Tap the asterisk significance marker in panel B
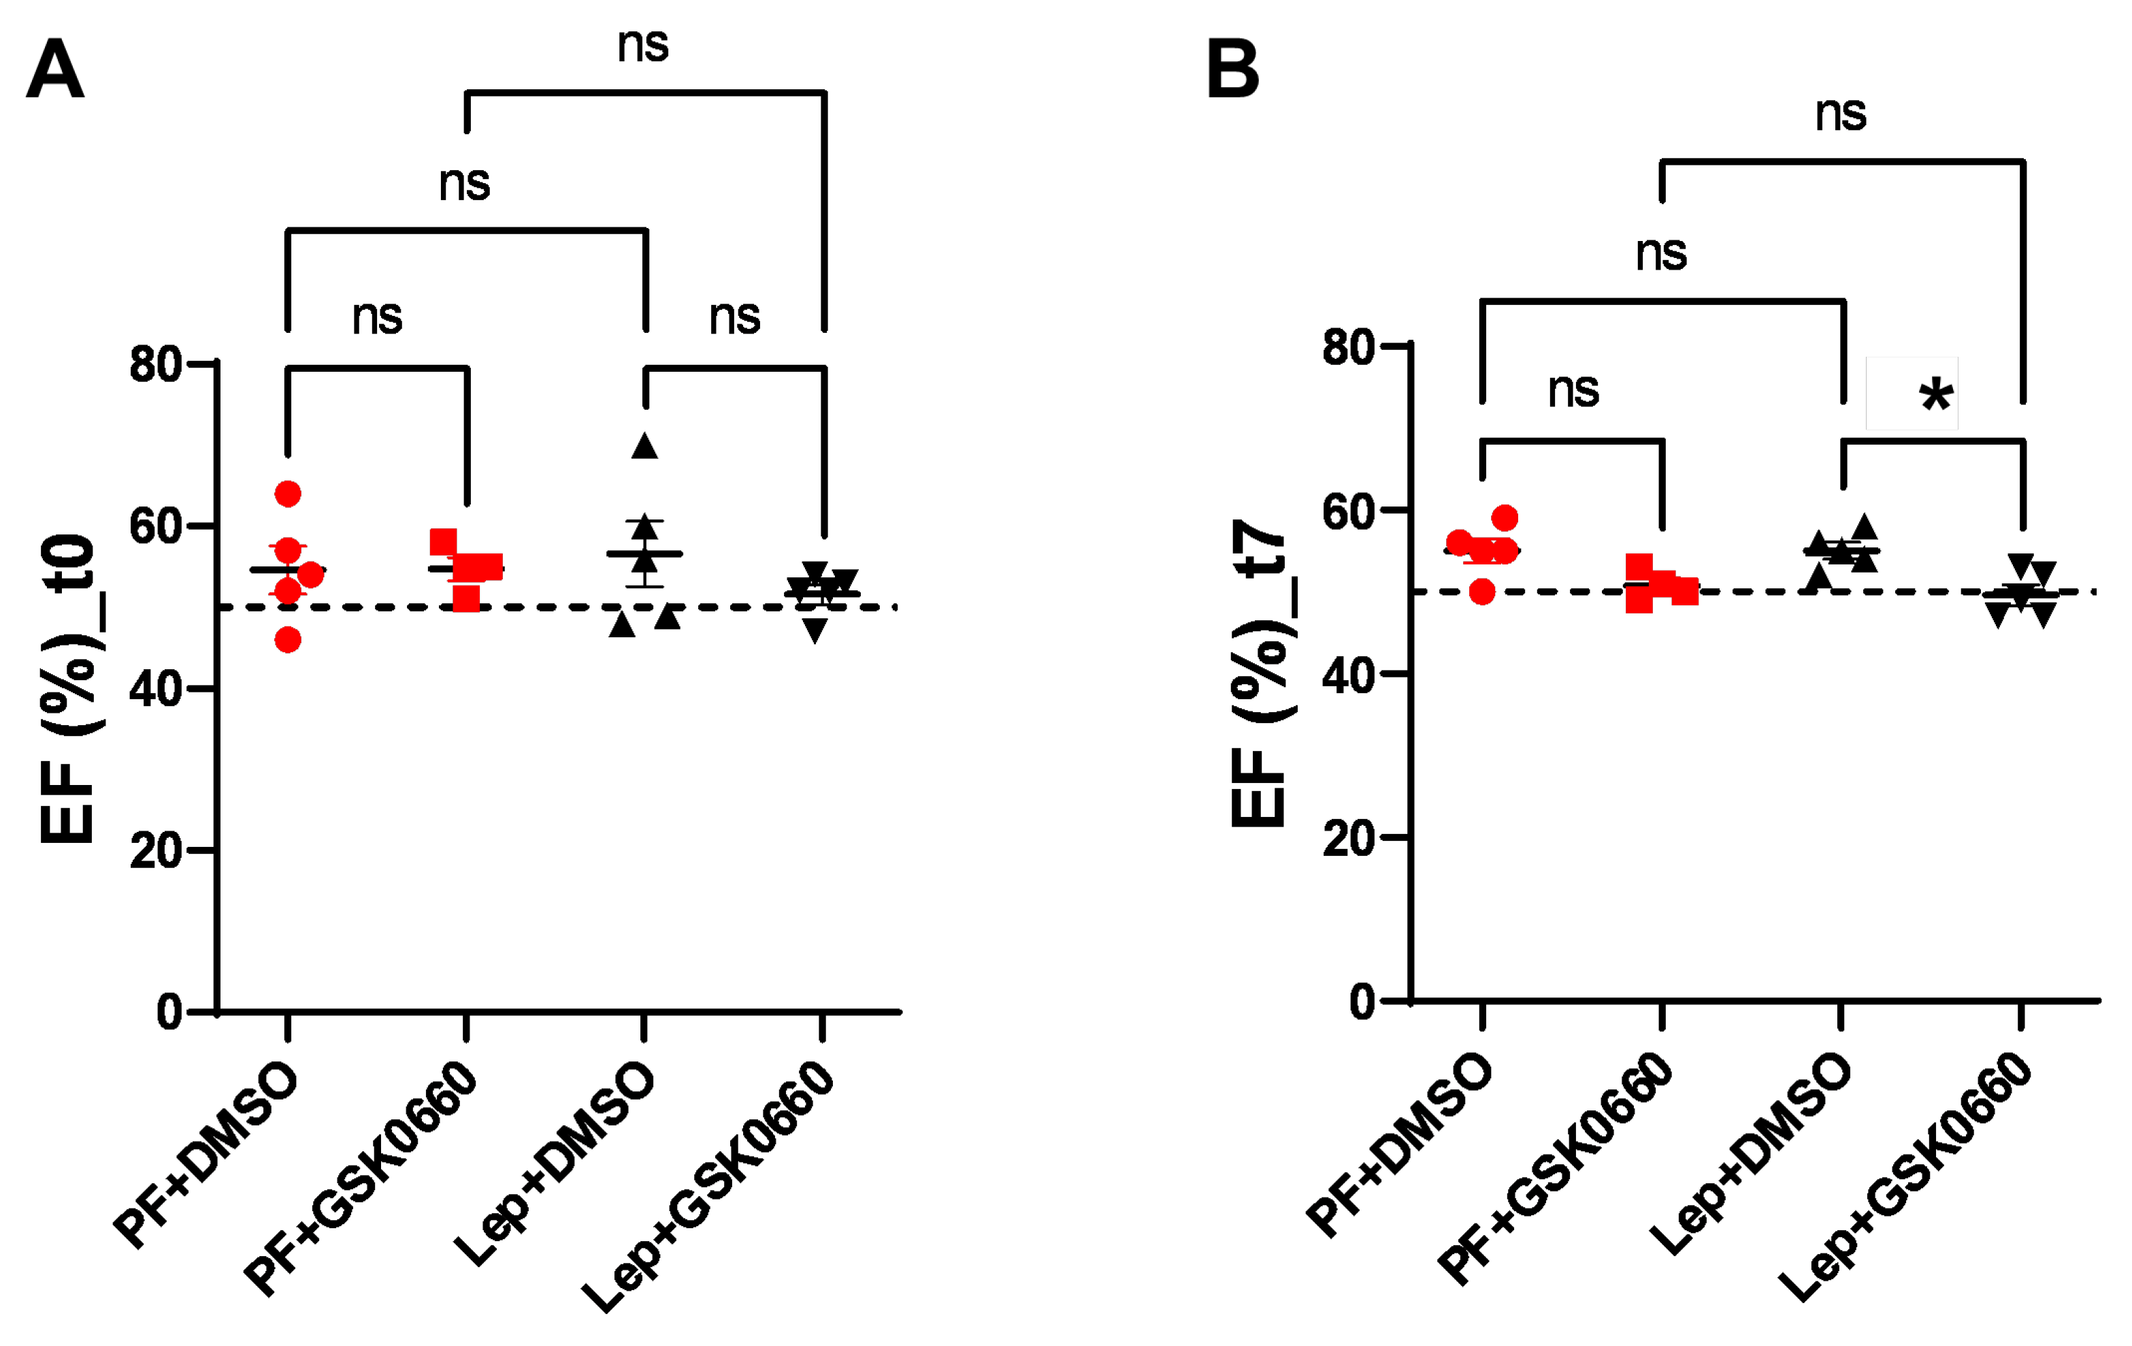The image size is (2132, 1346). pos(1935,395)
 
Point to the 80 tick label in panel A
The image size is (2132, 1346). pos(156,364)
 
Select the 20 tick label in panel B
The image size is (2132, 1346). pos(1349,837)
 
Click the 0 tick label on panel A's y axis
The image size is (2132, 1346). pos(169,1011)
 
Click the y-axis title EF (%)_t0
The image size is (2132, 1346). pos(68,688)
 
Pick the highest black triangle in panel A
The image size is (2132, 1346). pos(644,447)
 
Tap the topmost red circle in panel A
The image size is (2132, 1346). pos(288,493)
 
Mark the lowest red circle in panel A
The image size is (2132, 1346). pos(288,639)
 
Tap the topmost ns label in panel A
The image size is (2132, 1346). pos(643,44)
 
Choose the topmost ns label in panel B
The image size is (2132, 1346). pos(1841,113)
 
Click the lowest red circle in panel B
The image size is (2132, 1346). pos(1482,592)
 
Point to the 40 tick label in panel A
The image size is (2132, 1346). pos(156,688)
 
